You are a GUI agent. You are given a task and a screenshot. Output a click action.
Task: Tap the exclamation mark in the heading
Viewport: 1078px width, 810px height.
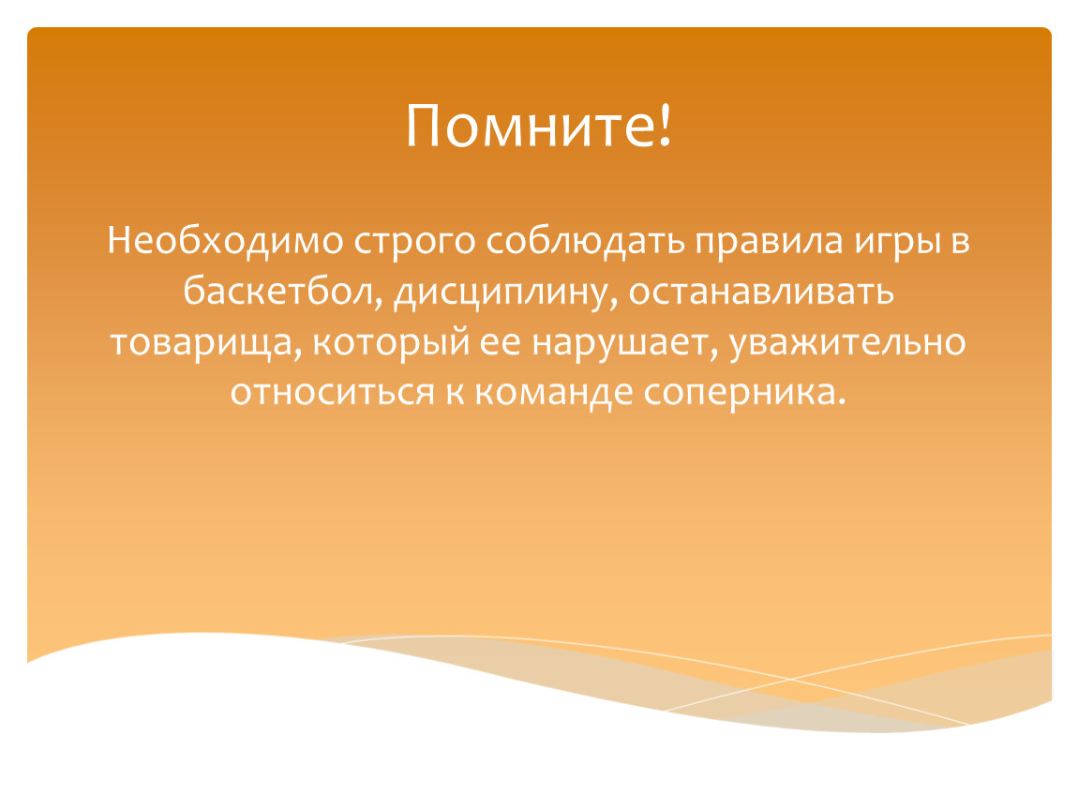coord(664,124)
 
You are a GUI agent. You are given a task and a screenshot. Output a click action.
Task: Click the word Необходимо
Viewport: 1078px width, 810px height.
coord(225,241)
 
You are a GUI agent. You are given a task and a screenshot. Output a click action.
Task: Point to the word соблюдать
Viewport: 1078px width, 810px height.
coord(586,242)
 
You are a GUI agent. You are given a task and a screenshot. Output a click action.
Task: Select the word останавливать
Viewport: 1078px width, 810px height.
coord(761,292)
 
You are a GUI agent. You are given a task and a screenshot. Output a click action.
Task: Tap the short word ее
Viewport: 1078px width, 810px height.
coord(500,343)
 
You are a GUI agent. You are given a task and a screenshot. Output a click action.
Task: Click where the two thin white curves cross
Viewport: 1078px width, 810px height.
coord(790,680)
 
